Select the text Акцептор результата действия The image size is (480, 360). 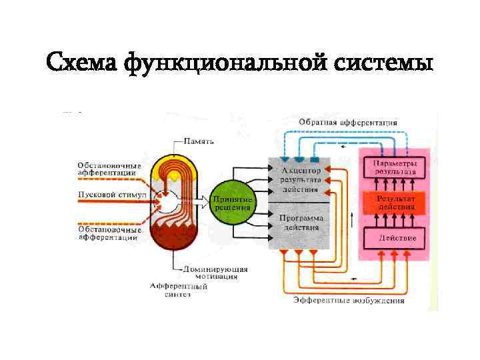click(301, 180)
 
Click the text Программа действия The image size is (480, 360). click(301, 222)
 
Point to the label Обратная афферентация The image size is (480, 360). click(347, 123)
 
